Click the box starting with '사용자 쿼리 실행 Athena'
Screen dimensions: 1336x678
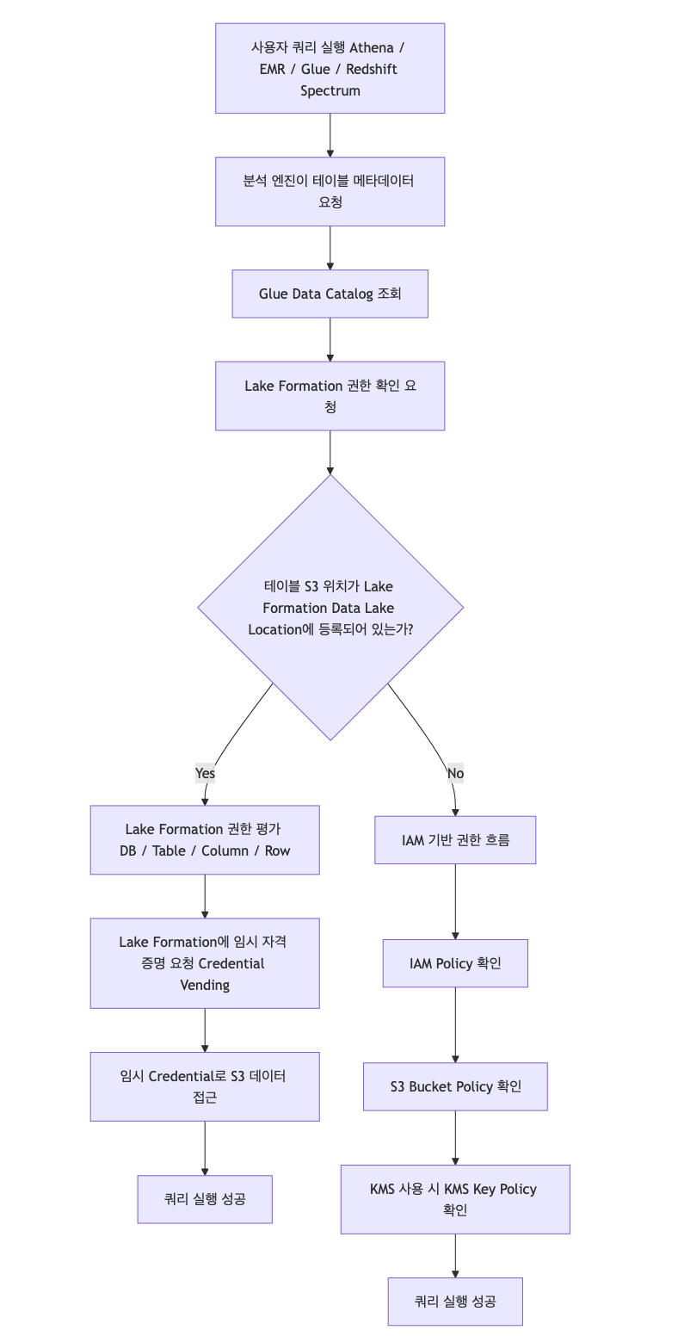click(x=330, y=68)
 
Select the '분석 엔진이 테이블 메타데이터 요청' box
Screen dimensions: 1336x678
click(x=330, y=191)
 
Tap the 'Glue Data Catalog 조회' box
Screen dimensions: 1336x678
click(x=330, y=294)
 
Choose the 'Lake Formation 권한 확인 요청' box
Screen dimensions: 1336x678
click(x=330, y=395)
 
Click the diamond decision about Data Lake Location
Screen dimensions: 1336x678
click(x=330, y=607)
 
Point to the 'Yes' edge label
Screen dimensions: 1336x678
click(x=205, y=773)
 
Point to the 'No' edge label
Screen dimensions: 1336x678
click(x=455, y=773)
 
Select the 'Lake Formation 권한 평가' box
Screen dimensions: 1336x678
click(x=205, y=839)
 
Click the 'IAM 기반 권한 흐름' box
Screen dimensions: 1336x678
click(x=455, y=839)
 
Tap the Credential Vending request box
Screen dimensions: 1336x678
click(x=205, y=962)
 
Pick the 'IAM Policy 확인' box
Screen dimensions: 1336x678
click(x=455, y=962)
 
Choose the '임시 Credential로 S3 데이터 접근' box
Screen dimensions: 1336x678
click(x=205, y=1085)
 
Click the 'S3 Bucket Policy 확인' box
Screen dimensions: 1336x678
click(x=455, y=1085)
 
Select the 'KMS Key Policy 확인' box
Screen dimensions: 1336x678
click(x=455, y=1198)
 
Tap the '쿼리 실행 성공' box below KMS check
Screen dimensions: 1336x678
click(x=455, y=1301)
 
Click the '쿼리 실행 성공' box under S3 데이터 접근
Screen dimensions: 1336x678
click(x=205, y=1198)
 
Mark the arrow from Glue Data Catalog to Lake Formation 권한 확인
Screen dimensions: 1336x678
click(x=330, y=339)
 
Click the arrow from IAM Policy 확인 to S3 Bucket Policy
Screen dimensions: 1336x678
click(x=455, y=1024)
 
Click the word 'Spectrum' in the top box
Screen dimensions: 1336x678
click(x=330, y=90)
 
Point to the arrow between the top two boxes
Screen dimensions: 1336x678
click(x=330, y=134)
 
